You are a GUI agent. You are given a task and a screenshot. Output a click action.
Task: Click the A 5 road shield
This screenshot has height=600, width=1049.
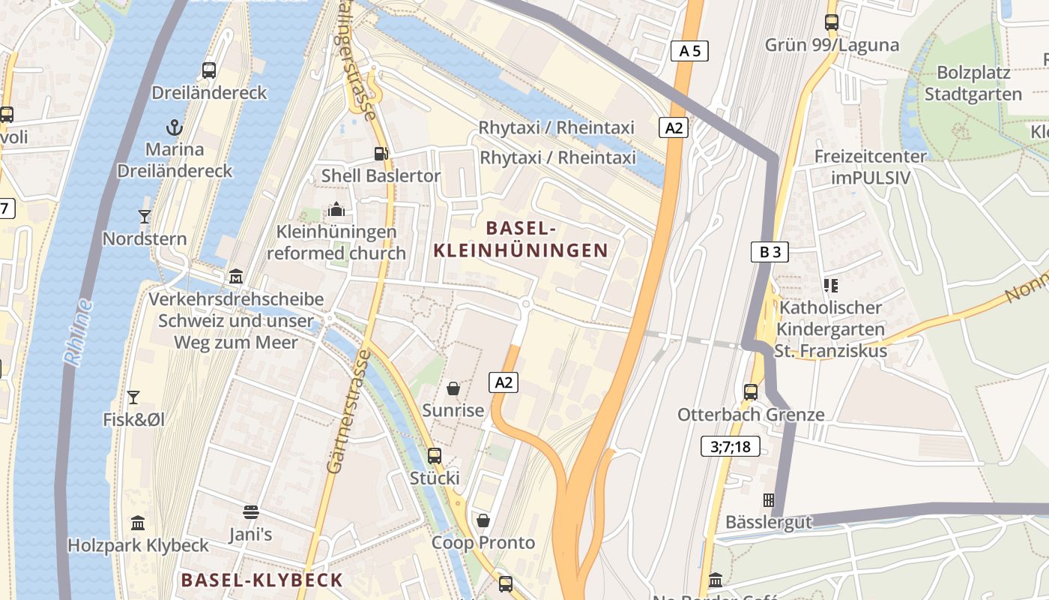[x=689, y=51]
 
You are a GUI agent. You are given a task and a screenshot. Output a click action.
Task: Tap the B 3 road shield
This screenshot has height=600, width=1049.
[x=770, y=252]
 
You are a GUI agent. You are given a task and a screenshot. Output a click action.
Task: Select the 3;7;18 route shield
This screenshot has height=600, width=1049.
[x=731, y=447]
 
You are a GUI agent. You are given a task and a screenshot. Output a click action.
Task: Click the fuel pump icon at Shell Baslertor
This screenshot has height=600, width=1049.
[x=381, y=154]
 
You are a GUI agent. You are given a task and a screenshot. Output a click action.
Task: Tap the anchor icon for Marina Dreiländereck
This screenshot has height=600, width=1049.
[x=175, y=127]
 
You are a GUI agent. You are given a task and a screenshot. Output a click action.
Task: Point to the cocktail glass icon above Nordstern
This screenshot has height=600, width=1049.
[x=145, y=217]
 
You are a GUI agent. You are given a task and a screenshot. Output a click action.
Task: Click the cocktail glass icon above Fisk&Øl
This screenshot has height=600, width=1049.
[x=133, y=397]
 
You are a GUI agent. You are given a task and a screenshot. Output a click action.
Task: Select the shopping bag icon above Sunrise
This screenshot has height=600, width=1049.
[x=453, y=388]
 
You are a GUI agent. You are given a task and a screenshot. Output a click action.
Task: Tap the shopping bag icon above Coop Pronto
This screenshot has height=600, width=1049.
[x=483, y=520]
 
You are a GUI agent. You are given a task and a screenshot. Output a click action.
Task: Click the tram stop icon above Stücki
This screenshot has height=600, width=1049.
[x=435, y=455]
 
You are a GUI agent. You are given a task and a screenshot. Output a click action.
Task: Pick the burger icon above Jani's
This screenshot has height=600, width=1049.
[x=251, y=512]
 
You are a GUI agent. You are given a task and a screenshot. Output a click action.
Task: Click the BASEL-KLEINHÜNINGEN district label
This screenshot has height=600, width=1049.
[x=522, y=238]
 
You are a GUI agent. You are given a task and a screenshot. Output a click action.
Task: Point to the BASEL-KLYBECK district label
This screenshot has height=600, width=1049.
[x=262, y=580]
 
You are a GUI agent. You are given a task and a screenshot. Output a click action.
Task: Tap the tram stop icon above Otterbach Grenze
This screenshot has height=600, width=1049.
[x=750, y=391]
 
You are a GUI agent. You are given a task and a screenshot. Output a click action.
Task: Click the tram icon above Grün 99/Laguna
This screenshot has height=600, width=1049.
[x=831, y=22]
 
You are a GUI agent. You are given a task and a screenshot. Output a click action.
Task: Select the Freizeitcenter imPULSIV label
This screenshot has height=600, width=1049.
[x=870, y=167]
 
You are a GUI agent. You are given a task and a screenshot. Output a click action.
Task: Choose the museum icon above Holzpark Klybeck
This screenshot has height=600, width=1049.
[x=138, y=523]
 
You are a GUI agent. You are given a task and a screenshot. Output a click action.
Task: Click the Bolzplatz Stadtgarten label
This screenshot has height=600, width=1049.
[x=973, y=83]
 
